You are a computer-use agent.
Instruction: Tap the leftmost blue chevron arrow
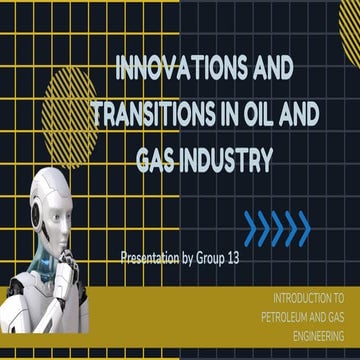click(x=251, y=227)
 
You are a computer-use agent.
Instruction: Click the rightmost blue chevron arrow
click(x=302, y=227)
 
